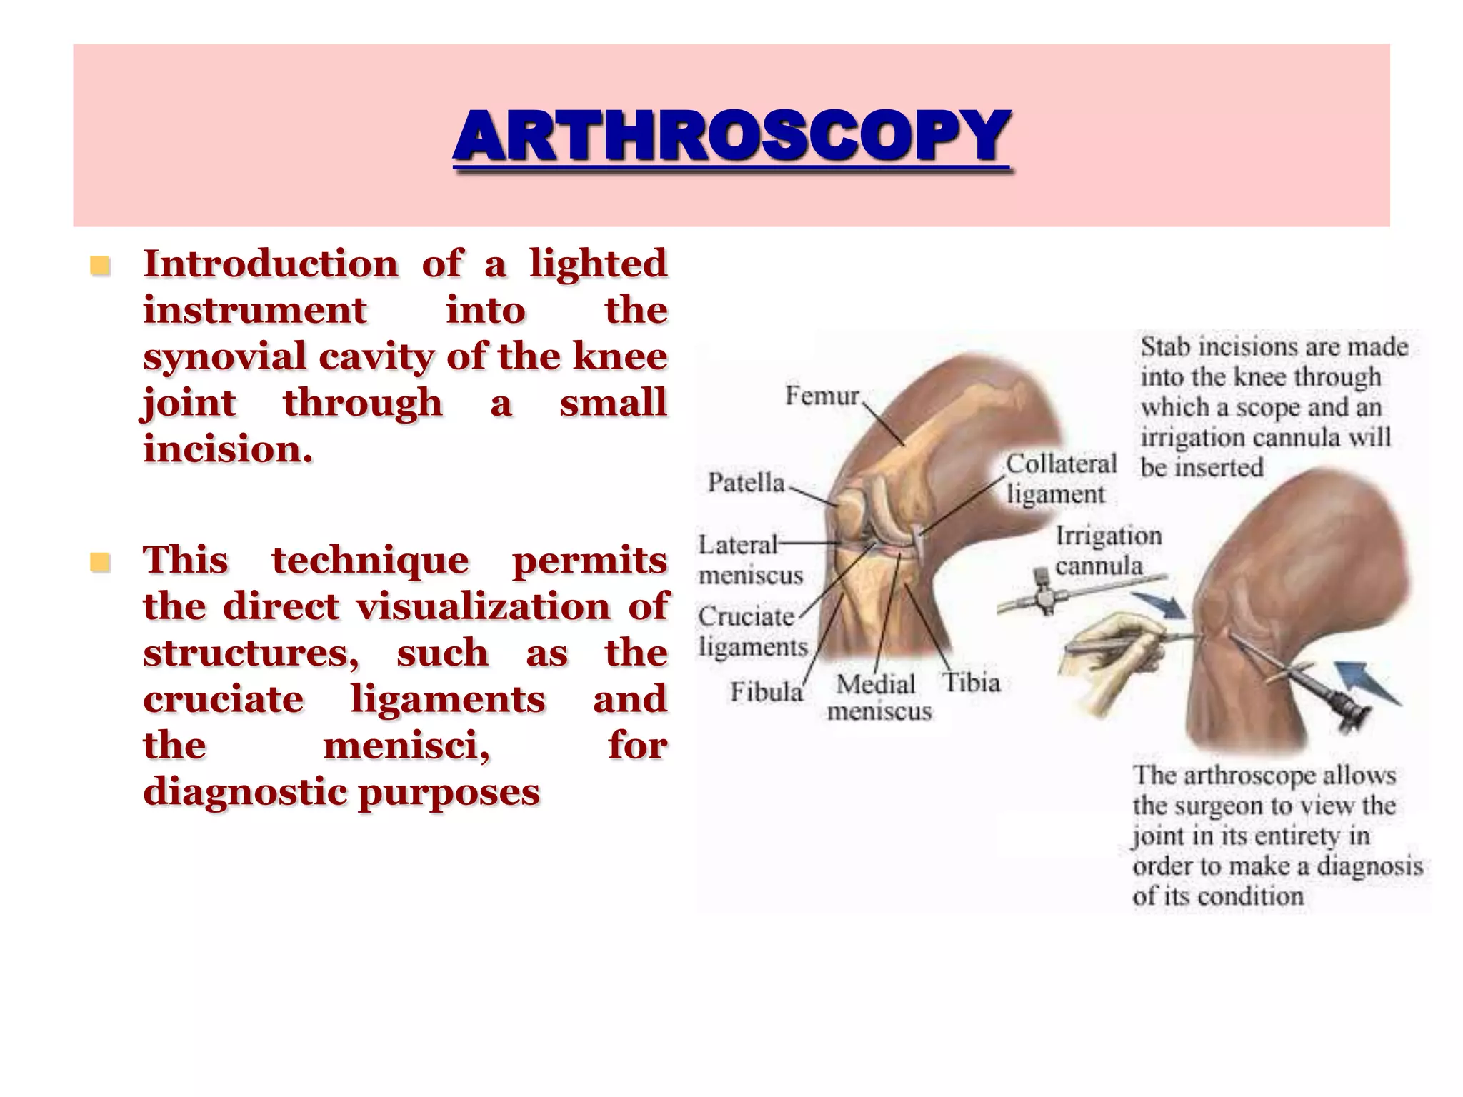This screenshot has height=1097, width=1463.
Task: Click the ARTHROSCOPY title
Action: tap(731, 136)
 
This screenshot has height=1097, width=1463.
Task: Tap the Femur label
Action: tap(822, 396)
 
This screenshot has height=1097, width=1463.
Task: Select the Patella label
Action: tap(746, 483)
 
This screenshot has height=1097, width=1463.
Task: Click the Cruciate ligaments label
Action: tap(752, 631)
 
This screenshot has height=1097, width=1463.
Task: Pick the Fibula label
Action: tap(766, 691)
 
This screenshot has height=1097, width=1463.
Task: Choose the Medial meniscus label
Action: tap(879, 698)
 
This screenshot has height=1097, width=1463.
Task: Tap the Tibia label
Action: tap(972, 683)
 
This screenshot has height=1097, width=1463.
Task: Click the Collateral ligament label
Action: tap(1060, 479)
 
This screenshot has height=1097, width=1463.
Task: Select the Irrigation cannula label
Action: tap(1107, 551)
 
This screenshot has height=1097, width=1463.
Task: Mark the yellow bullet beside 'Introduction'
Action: tap(100, 266)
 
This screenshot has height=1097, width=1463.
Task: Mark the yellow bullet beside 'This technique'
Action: tap(100, 563)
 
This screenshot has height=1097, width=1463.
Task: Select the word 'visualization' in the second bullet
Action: tap(483, 606)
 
